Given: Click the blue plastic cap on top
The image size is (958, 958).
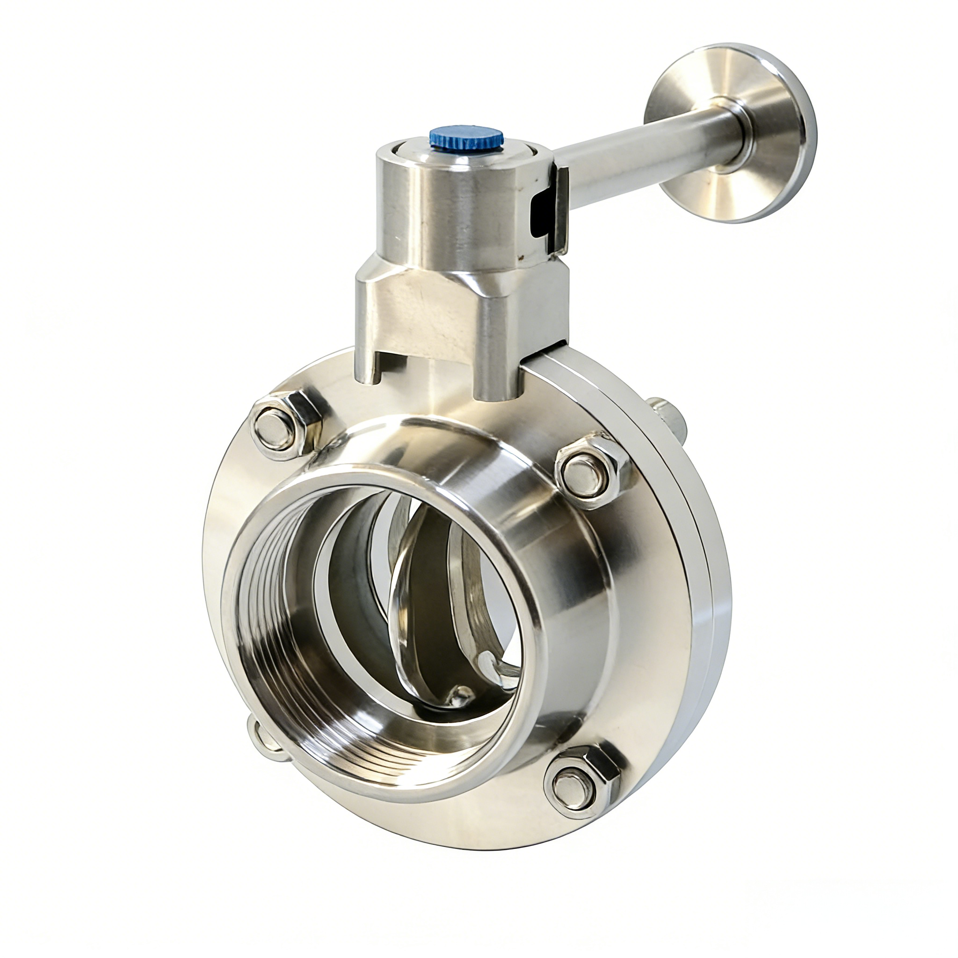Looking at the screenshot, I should pos(466,138).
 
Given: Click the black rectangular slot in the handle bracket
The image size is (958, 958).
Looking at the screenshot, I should pos(542,214).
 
